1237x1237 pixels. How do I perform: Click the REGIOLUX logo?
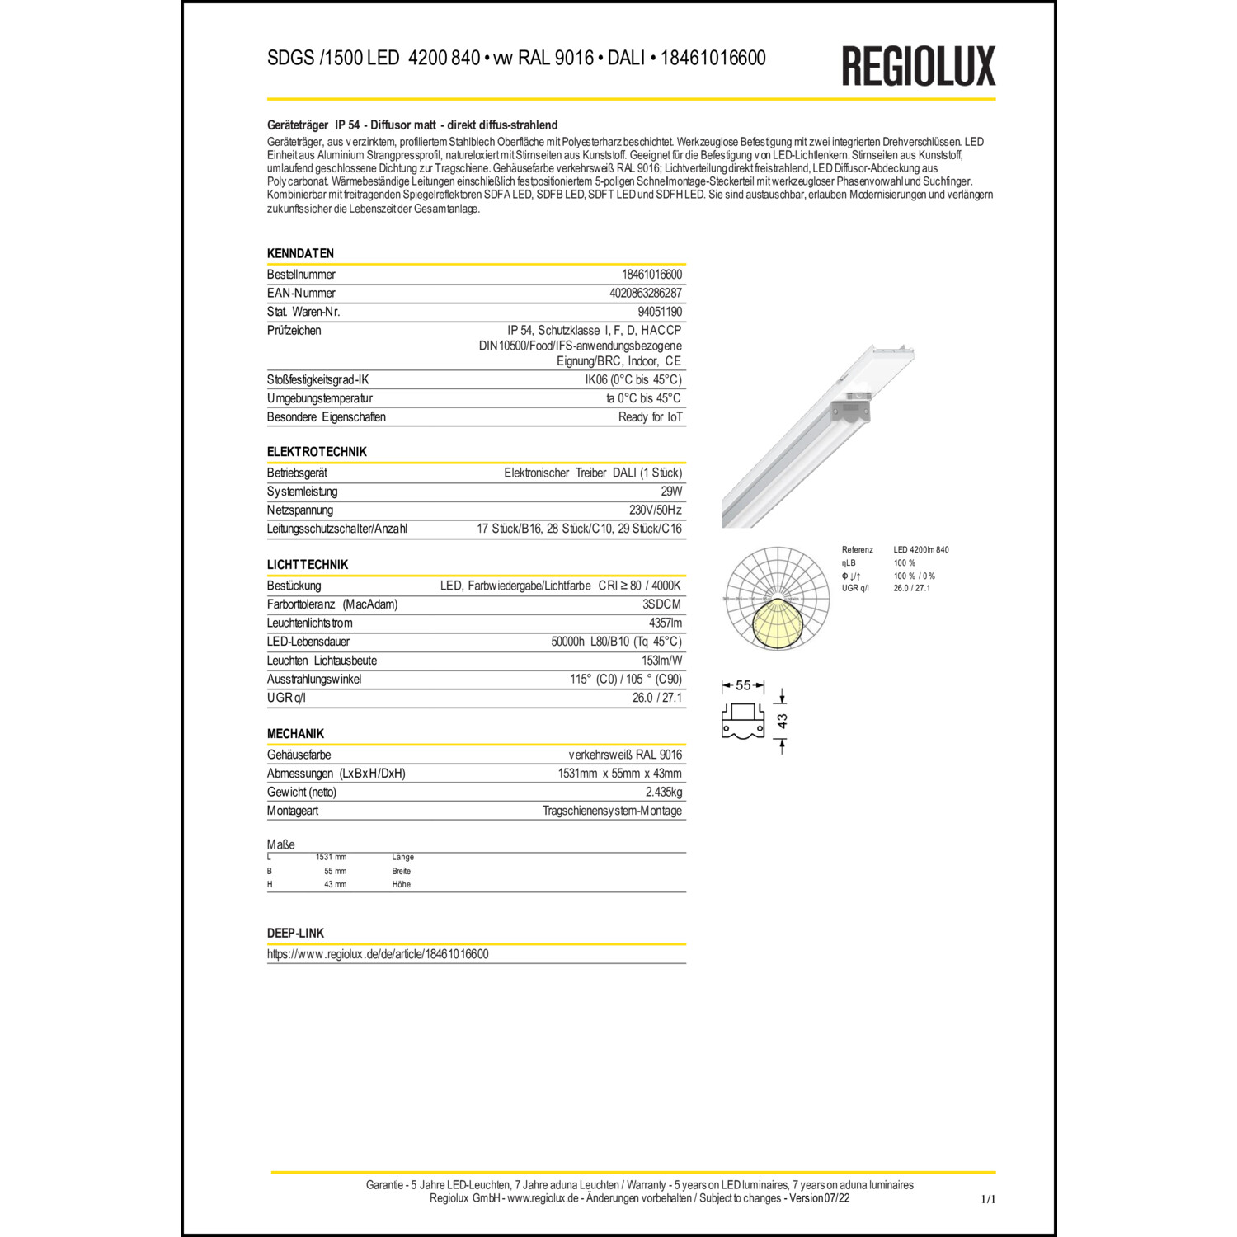click(918, 66)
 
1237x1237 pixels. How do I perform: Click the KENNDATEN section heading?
click(300, 253)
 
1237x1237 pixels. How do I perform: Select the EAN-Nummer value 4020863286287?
click(645, 293)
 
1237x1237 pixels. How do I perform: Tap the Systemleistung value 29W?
click(671, 492)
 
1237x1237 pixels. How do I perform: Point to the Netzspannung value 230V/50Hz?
click(655, 510)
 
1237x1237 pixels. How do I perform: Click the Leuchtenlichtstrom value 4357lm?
click(665, 623)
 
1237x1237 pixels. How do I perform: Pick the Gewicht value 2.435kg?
click(663, 792)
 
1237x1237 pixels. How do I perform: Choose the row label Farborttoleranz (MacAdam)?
click(332, 604)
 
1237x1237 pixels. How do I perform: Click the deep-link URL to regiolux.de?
click(378, 954)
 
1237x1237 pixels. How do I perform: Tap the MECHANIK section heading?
click(295, 733)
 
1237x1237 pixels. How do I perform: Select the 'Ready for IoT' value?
click(650, 416)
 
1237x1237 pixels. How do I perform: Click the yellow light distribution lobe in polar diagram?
click(777, 623)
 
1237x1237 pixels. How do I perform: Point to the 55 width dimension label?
click(743, 685)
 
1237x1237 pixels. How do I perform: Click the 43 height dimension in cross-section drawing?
click(782, 721)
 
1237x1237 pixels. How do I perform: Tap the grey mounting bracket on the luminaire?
click(851, 409)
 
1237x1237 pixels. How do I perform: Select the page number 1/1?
click(987, 1199)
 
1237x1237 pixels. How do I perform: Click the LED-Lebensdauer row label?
click(308, 642)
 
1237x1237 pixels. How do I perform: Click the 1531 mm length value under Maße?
click(331, 857)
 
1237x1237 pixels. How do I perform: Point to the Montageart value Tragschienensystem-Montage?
click(612, 811)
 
